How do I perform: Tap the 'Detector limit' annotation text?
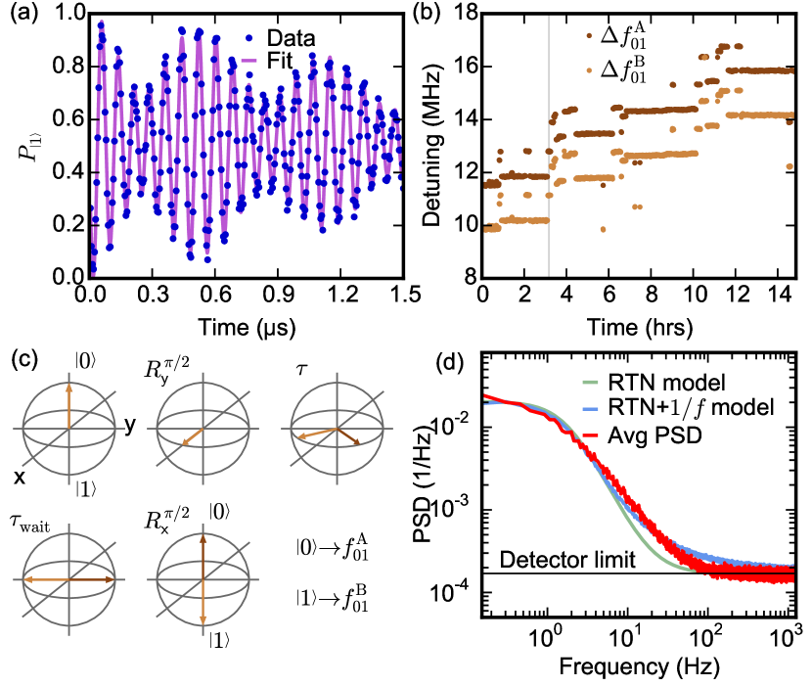(563, 560)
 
